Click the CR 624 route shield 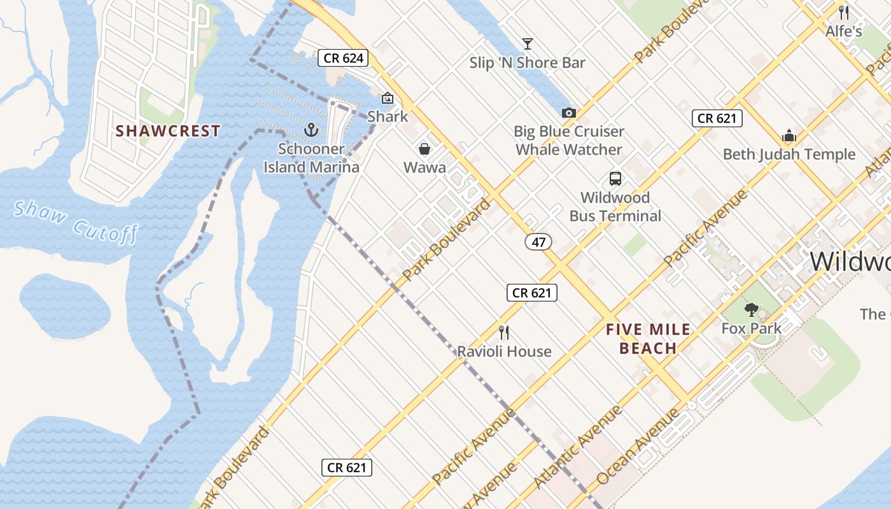pos(344,59)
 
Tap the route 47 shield pos(538,242)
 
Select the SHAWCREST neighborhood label pos(168,131)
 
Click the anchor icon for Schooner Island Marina pos(311,130)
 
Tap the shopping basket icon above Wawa pos(424,149)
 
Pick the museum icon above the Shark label pos(387,98)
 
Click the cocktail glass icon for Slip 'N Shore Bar pos(527,44)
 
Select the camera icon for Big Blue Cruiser pos(568,113)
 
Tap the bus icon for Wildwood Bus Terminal pos(615,179)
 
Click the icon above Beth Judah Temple pos(789,136)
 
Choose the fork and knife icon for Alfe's pos(843,12)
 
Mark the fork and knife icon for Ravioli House pos(504,332)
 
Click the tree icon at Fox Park pos(751,310)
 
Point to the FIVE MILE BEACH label pos(648,338)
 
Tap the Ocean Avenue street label pos(638,447)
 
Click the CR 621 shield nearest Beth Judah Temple pos(717,118)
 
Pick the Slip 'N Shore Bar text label pos(527,63)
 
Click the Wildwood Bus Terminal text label pos(615,207)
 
